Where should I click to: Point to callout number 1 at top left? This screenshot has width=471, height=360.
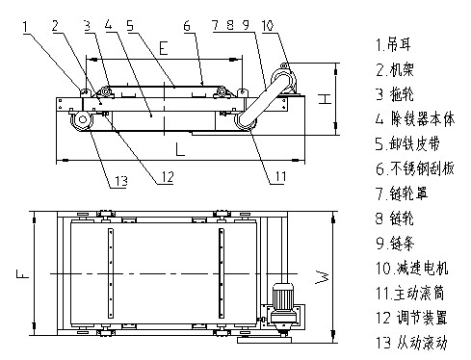point(25,27)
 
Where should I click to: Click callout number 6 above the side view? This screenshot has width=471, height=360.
point(187,25)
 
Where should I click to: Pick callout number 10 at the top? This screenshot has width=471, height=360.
point(268,25)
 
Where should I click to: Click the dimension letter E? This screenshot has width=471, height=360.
point(164,48)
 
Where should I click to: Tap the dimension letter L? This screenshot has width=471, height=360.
point(180,149)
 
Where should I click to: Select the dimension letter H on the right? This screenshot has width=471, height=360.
point(325,99)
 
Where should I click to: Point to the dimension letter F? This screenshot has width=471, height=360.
point(23,273)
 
